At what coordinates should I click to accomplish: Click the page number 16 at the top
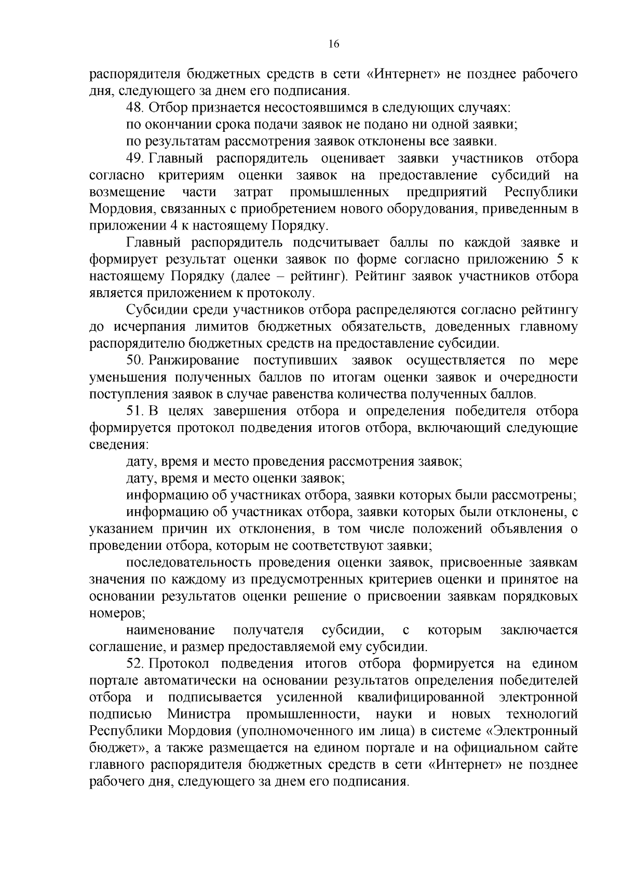pyautogui.click(x=333, y=45)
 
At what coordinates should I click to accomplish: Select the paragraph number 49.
pyautogui.click(x=135, y=158)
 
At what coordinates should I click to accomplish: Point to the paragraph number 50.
pyautogui.click(x=135, y=360)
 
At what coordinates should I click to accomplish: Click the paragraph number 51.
pyautogui.click(x=135, y=411)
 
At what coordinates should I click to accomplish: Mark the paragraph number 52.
pyautogui.click(x=135, y=663)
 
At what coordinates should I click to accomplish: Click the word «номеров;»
pyautogui.click(x=117, y=613)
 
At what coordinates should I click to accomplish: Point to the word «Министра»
pyautogui.click(x=199, y=714)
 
